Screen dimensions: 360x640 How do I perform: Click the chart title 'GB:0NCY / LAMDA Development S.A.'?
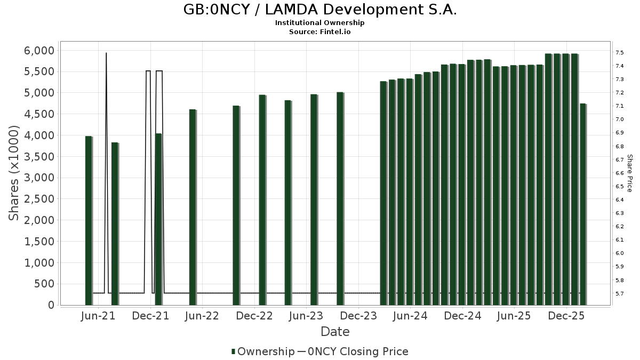pos(320,10)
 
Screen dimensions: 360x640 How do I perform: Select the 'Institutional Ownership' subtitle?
pos(320,23)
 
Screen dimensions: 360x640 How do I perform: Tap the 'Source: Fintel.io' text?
pos(320,31)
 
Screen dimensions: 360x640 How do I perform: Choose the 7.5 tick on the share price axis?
pos(620,53)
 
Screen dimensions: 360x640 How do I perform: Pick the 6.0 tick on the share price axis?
pos(620,253)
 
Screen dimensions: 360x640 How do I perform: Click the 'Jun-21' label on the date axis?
pos(98,316)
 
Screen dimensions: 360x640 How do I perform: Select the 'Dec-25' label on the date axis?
pos(567,316)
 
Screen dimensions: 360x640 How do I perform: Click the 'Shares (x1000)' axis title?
pos(14,173)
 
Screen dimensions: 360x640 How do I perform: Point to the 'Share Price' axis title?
pos(629,173)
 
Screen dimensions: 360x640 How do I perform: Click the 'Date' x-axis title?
pos(335,332)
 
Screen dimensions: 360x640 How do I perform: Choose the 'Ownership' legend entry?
pos(262,351)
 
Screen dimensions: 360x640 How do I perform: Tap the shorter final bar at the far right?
pos(583,204)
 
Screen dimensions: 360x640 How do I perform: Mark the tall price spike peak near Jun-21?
pos(106,53)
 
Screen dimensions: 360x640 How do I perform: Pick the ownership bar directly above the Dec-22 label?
pos(262,199)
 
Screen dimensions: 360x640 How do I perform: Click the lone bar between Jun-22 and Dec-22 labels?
pos(236,205)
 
